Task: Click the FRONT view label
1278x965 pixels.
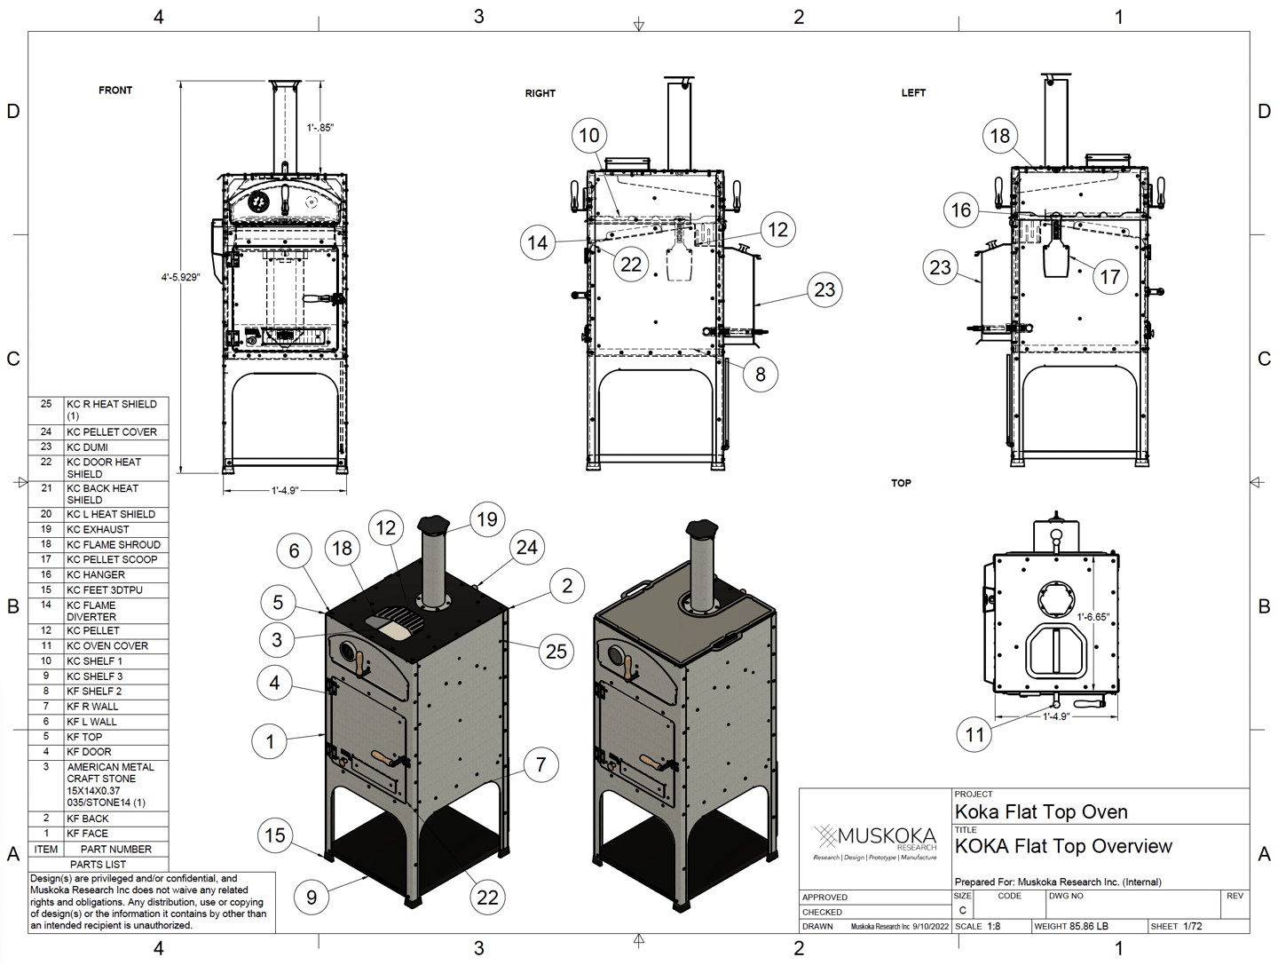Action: pyautogui.click(x=115, y=91)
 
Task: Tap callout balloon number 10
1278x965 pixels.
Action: pyautogui.click(x=589, y=136)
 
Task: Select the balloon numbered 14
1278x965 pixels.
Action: pyautogui.click(x=538, y=242)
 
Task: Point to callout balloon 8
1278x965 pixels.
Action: pyautogui.click(x=761, y=374)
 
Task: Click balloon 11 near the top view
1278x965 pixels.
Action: pyautogui.click(x=974, y=734)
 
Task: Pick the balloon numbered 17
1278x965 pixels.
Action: pyautogui.click(x=1109, y=277)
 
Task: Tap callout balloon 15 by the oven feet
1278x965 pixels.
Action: pyautogui.click(x=275, y=834)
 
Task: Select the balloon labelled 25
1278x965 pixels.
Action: pyautogui.click(x=556, y=651)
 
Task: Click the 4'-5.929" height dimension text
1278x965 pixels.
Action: pyautogui.click(x=180, y=277)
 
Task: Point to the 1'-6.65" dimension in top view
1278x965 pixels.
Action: pyautogui.click(x=1093, y=617)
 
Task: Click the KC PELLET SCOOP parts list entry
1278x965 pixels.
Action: pyautogui.click(x=112, y=559)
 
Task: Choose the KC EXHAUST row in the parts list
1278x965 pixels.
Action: pyautogui.click(x=98, y=529)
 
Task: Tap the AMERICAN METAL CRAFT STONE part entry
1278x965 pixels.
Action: pyautogui.click(x=110, y=785)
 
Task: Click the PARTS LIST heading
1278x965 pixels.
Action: pyautogui.click(x=98, y=864)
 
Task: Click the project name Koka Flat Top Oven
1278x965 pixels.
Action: pyautogui.click(x=1040, y=811)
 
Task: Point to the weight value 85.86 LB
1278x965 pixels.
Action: pyautogui.click(x=1089, y=926)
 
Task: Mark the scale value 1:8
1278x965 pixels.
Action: pyautogui.click(x=993, y=926)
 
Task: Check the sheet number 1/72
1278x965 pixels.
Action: pyautogui.click(x=1192, y=926)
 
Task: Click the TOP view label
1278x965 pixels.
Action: pyautogui.click(x=901, y=483)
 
